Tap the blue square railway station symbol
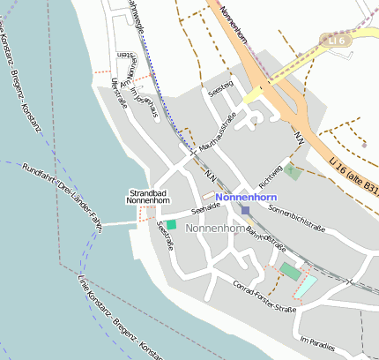[x=246, y=211]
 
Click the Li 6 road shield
[x=334, y=41]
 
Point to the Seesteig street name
[x=219, y=89]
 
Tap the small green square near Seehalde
[x=171, y=224]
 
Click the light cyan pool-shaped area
[x=305, y=285]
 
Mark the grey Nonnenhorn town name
[x=215, y=229]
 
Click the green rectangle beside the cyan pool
[x=290, y=271]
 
